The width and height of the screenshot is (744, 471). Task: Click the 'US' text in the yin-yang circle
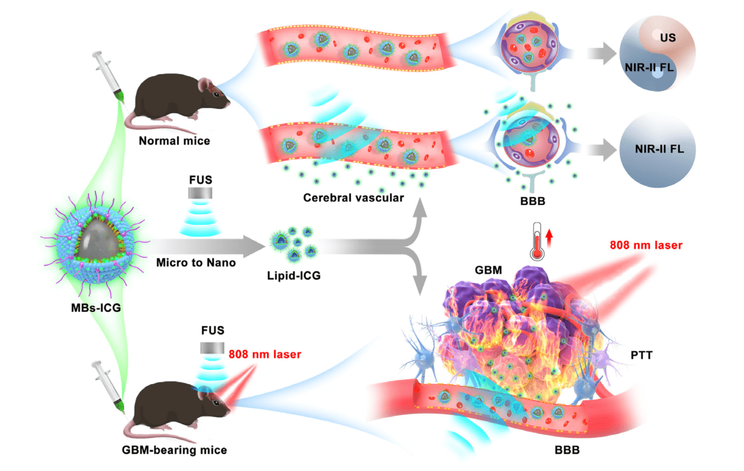pyautogui.click(x=668, y=37)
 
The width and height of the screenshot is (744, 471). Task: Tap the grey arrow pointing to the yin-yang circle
pyautogui.click(x=599, y=55)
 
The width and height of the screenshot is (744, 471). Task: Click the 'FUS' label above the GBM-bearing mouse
pyautogui.click(x=213, y=331)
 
